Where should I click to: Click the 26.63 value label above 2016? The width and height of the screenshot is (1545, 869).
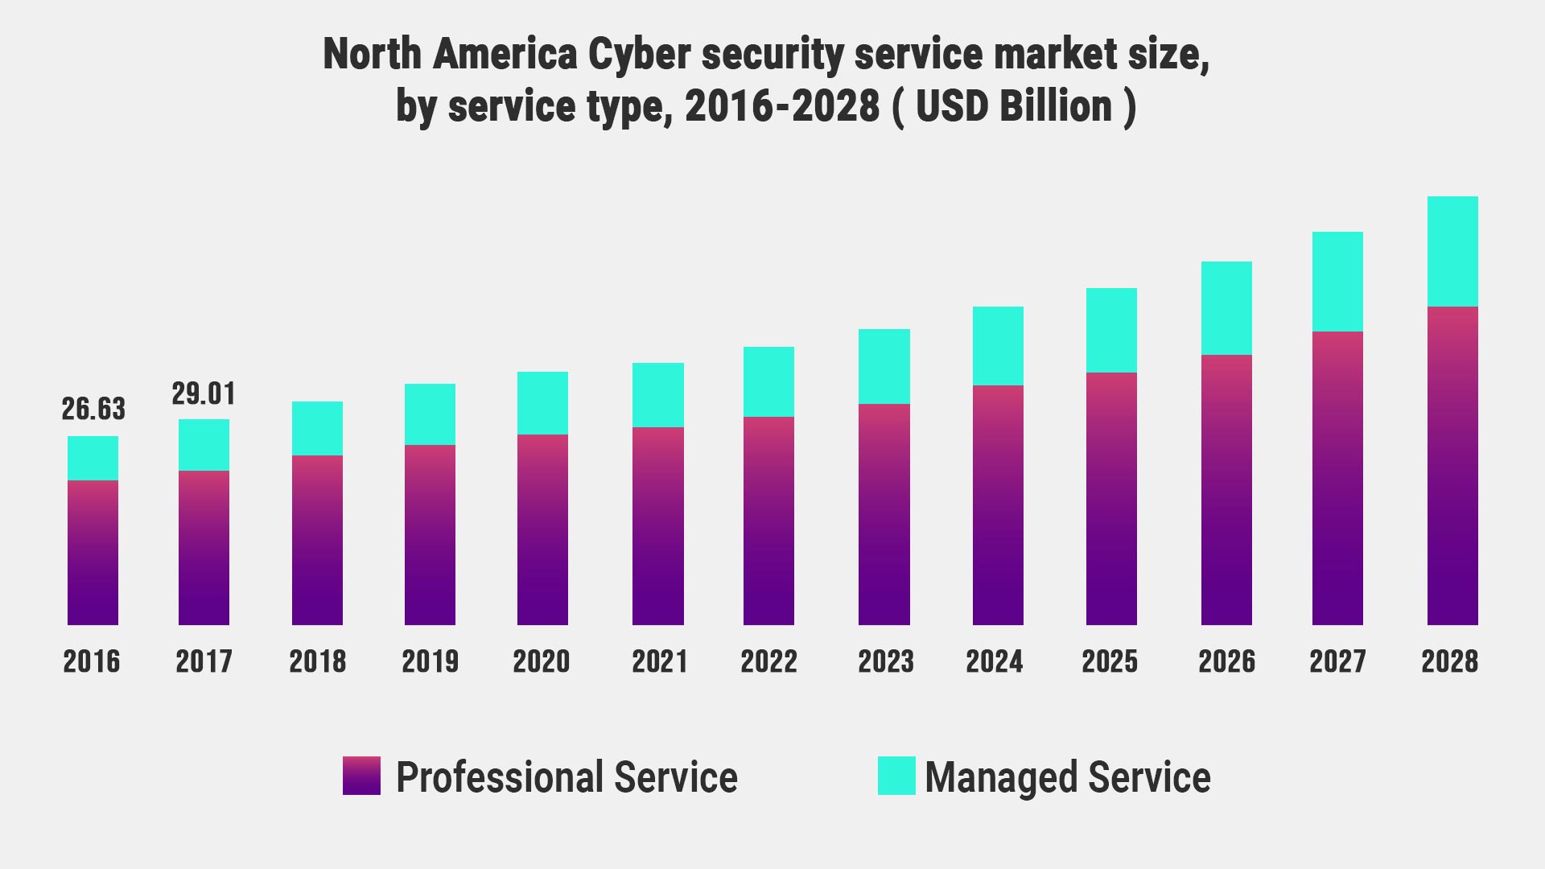click(93, 409)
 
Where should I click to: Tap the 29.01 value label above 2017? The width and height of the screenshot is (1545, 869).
click(204, 393)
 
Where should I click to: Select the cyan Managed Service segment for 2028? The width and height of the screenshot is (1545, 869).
click(1452, 251)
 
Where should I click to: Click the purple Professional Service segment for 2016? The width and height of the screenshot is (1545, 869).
click(93, 553)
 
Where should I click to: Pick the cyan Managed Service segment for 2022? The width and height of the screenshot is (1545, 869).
click(768, 381)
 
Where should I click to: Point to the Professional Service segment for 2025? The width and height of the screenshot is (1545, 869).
click(1111, 499)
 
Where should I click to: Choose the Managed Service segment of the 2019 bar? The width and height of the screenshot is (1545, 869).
click(430, 414)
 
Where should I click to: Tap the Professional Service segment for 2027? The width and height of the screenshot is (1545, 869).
click(1337, 478)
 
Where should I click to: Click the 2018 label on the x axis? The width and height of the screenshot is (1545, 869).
click(317, 661)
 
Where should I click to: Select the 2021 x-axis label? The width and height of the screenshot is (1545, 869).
click(659, 661)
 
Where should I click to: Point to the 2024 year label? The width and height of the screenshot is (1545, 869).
click(994, 661)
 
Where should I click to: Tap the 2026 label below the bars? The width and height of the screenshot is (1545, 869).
click(1226, 661)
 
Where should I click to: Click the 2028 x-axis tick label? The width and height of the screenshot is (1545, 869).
click(1449, 661)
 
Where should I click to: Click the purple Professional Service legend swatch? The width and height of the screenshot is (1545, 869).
click(361, 776)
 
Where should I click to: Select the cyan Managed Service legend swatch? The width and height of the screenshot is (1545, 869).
click(896, 776)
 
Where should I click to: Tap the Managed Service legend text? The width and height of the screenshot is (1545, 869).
click(1067, 777)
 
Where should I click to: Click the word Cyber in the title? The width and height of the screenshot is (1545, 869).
click(639, 55)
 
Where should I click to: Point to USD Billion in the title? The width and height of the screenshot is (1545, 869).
click(1014, 106)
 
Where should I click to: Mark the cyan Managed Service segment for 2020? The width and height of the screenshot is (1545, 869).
click(542, 402)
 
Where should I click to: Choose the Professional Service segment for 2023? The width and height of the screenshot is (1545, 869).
click(884, 514)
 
